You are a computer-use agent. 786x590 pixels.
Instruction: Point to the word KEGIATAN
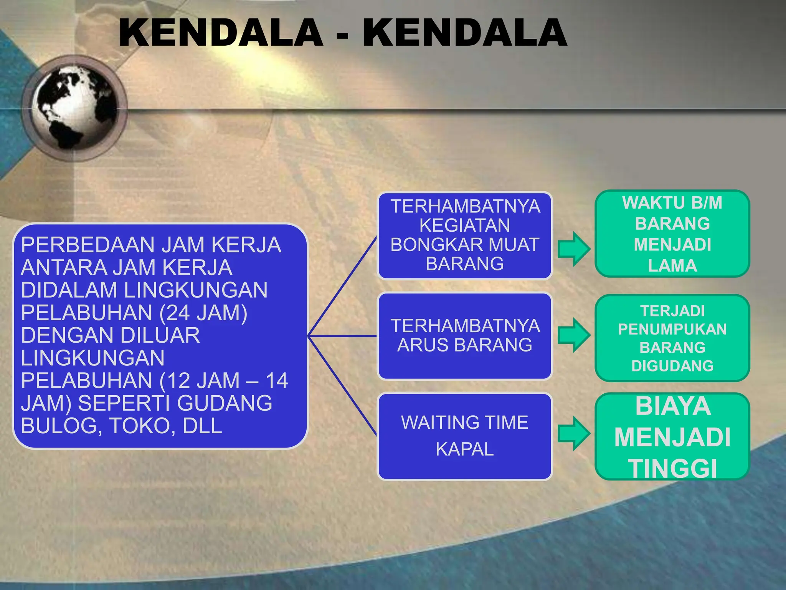pos(465,225)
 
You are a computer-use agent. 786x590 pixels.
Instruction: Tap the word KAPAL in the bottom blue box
pos(465,449)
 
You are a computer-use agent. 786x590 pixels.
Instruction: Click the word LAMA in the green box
pos(672,266)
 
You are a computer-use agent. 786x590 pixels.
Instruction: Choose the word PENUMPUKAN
pos(672,329)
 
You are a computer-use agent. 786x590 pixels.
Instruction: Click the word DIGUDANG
pos(672,366)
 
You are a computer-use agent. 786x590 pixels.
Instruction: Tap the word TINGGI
pos(672,469)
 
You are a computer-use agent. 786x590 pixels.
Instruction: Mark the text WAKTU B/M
pos(672,203)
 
